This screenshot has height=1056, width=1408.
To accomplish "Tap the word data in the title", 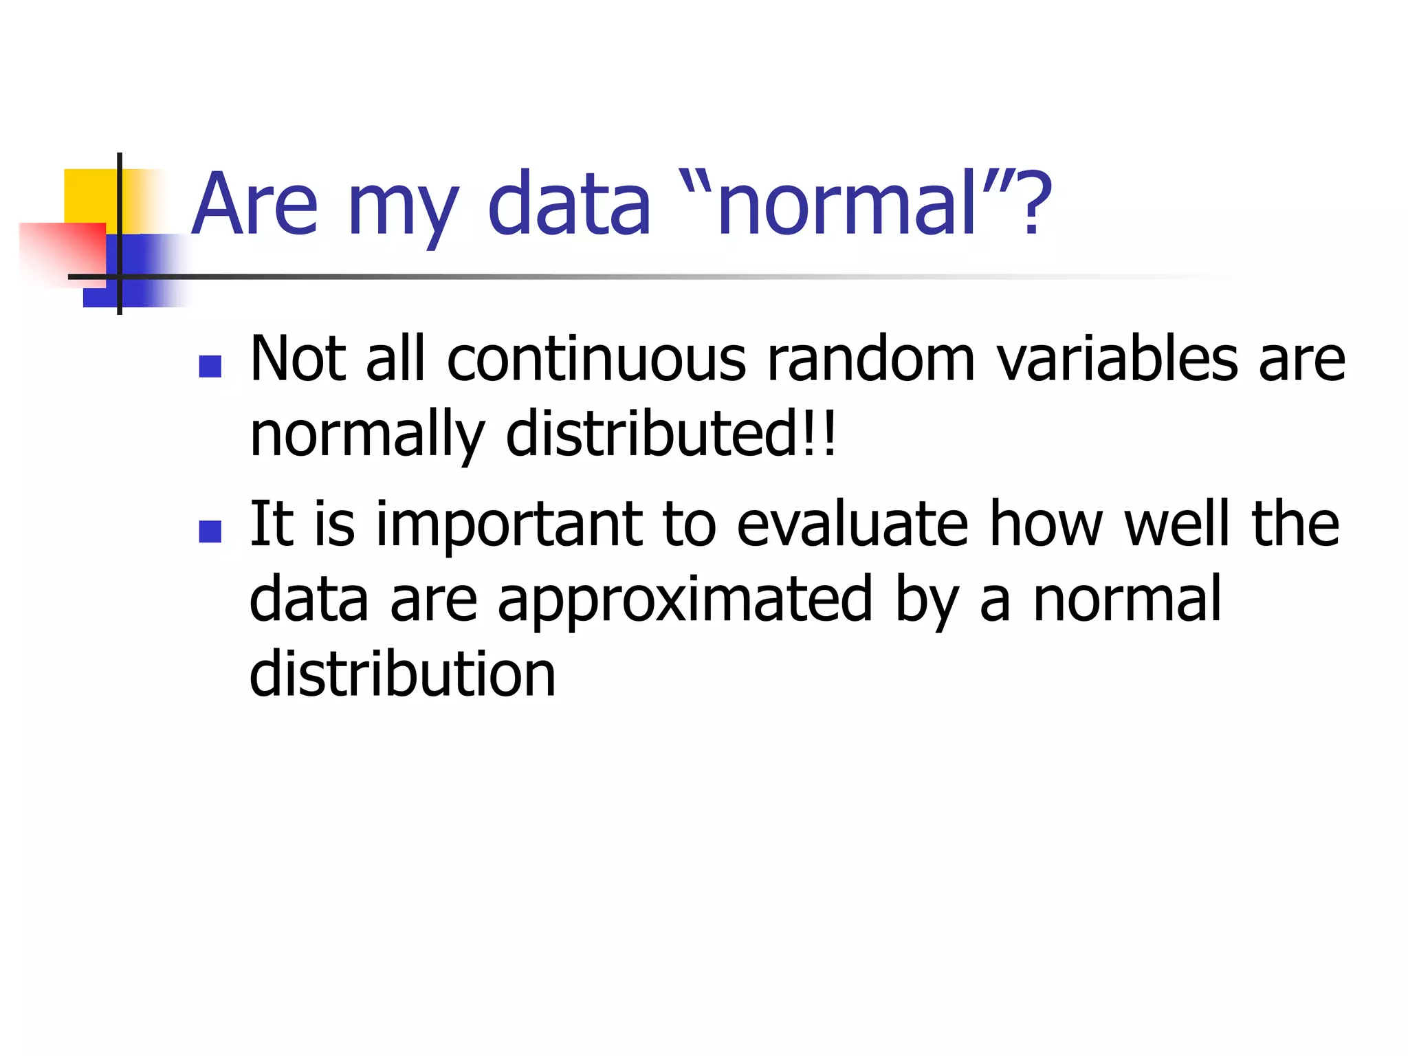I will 569,204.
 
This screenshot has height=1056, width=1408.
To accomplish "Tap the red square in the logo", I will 62,251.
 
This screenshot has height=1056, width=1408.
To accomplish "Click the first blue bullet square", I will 210,366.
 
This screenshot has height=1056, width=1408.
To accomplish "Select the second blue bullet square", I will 210,531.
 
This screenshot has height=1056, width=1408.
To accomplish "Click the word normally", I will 366,435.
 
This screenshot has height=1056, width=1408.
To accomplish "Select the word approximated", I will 684,600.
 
